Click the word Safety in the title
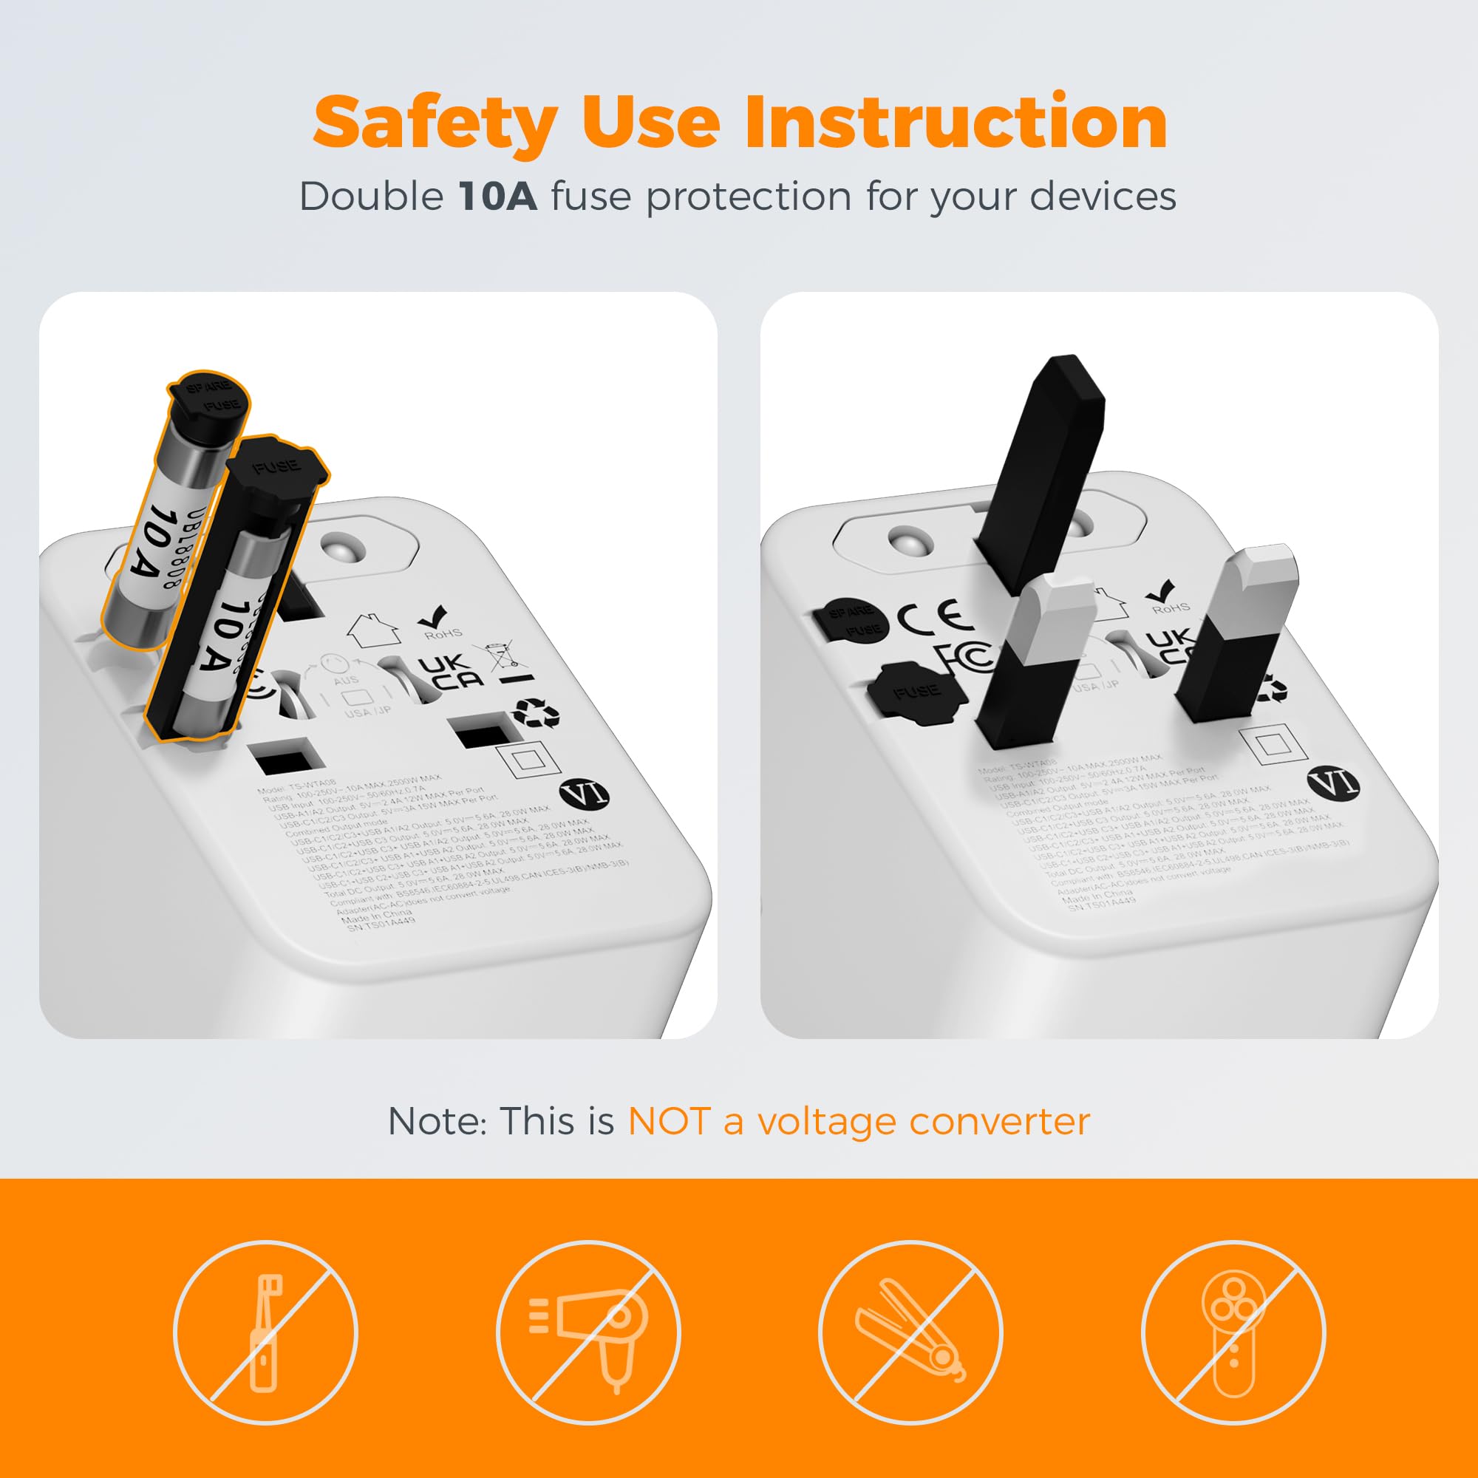click(435, 124)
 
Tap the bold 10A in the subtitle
click(497, 197)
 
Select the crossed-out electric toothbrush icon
click(265, 1332)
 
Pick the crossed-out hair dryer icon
click(588, 1332)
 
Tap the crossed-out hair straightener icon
click(910, 1332)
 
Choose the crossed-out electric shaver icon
click(1233, 1332)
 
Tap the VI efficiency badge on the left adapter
click(585, 793)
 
